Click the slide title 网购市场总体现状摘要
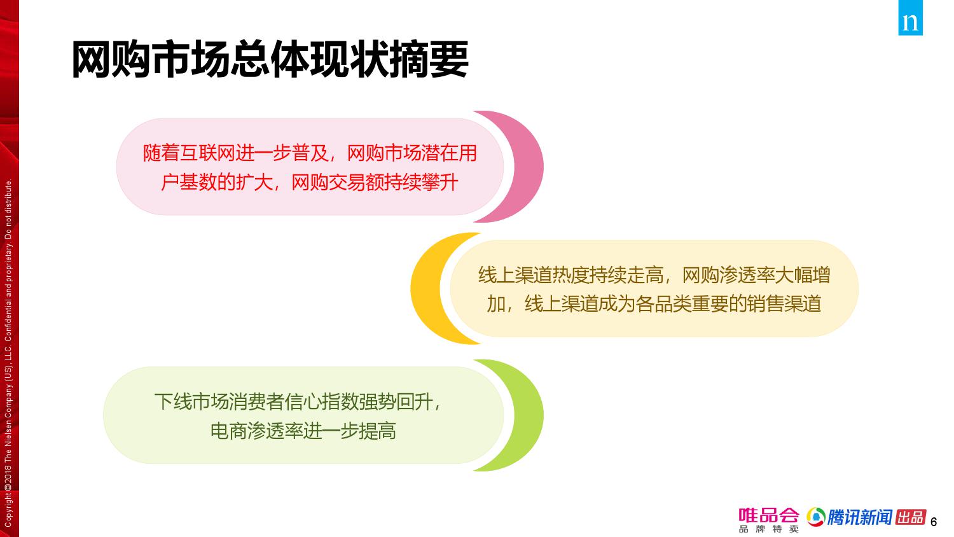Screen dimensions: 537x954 pyautogui.click(x=270, y=60)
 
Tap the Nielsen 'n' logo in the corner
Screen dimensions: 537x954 pyautogui.click(x=910, y=22)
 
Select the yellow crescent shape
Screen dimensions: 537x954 pyautogui.click(x=429, y=288)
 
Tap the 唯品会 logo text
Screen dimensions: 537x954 pyautogui.click(x=768, y=515)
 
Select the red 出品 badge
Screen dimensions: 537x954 pyautogui.click(x=910, y=517)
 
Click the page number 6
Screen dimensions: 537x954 pyautogui.click(x=934, y=522)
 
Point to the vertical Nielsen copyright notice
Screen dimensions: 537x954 pyautogui.click(x=8, y=353)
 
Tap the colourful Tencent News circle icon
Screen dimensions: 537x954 pyautogui.click(x=815, y=517)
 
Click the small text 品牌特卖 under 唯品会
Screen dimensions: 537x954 pyautogui.click(x=768, y=529)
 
